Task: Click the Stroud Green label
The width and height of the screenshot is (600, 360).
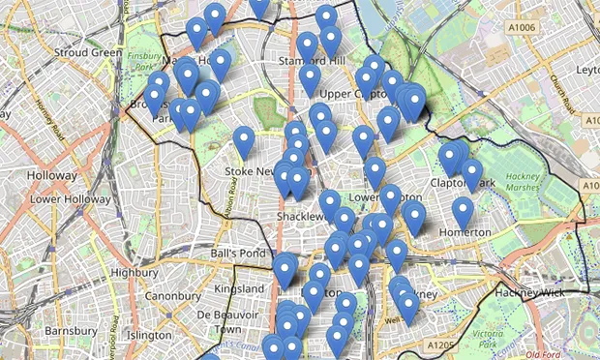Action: pyautogui.click(x=88, y=52)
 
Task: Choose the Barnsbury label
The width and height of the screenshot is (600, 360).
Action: pyautogui.click(x=72, y=331)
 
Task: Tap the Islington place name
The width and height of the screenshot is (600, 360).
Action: pyautogui.click(x=148, y=335)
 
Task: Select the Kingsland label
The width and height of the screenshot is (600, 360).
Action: pyautogui.click(x=238, y=289)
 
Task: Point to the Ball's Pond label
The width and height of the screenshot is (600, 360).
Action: pyautogui.click(x=237, y=255)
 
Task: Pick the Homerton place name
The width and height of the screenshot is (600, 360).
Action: pyautogui.click(x=465, y=233)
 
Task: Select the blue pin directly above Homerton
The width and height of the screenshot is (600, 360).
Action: pyautogui.click(x=464, y=212)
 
